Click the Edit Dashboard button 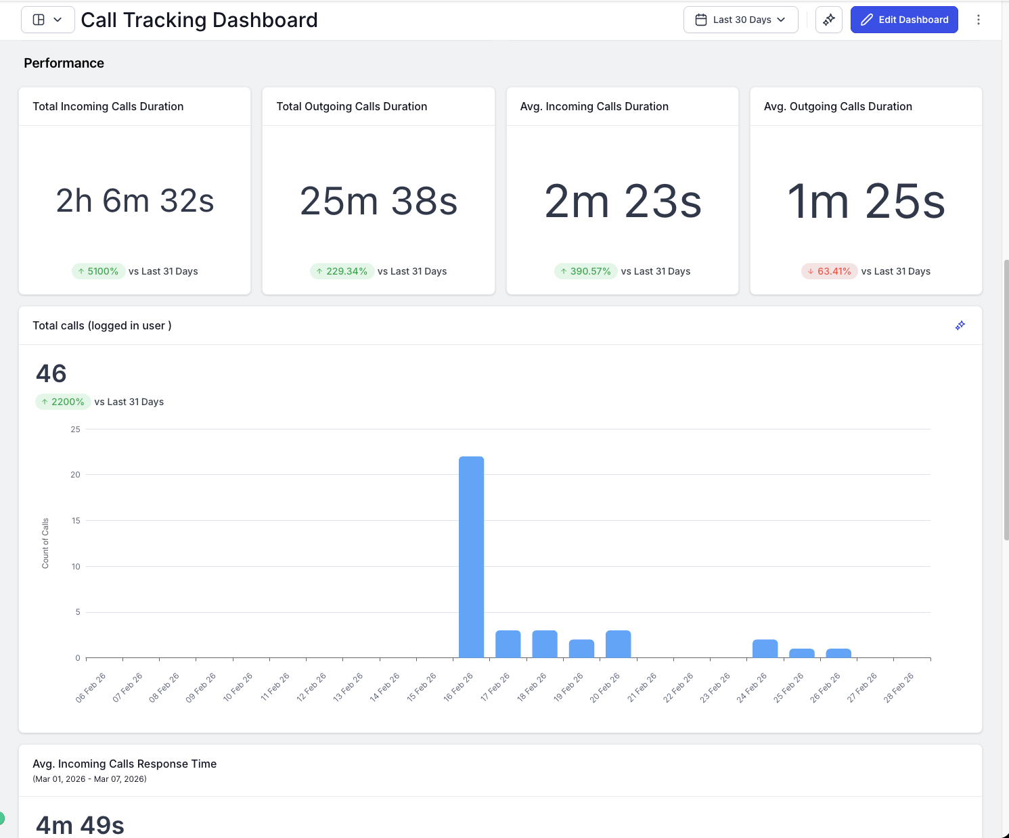pyautogui.click(x=903, y=20)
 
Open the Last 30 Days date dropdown pyautogui.click(x=740, y=20)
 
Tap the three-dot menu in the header pyautogui.click(x=978, y=20)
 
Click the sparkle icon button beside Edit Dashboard pyautogui.click(x=828, y=20)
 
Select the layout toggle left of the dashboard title pyautogui.click(x=47, y=20)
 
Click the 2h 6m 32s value pyautogui.click(x=135, y=201)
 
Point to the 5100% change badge pyautogui.click(x=98, y=271)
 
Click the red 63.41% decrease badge pyautogui.click(x=829, y=271)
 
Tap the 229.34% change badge pyautogui.click(x=342, y=271)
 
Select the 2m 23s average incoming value pyautogui.click(x=623, y=202)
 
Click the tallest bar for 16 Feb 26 pyautogui.click(x=471, y=557)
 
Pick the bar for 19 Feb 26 pyautogui.click(x=581, y=649)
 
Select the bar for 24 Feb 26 pyautogui.click(x=765, y=649)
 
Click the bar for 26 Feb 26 pyautogui.click(x=838, y=653)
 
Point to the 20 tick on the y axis pyautogui.click(x=75, y=475)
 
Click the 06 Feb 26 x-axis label pyautogui.click(x=91, y=688)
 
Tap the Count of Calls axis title pyautogui.click(x=45, y=543)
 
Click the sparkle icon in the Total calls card pyautogui.click(x=960, y=325)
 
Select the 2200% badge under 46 pyautogui.click(x=62, y=402)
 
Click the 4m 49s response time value pyautogui.click(x=80, y=825)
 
